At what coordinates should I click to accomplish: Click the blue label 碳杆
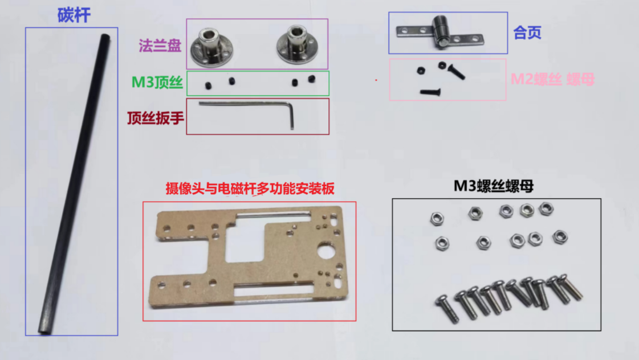click(x=74, y=15)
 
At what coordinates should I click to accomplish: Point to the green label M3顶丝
click(x=157, y=83)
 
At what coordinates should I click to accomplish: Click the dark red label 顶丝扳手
click(x=155, y=118)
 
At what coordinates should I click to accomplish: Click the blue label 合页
click(x=527, y=33)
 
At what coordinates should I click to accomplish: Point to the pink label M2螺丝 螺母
click(x=552, y=79)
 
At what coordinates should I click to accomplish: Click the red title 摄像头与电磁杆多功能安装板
click(x=249, y=189)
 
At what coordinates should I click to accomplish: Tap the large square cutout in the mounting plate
click(x=243, y=242)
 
